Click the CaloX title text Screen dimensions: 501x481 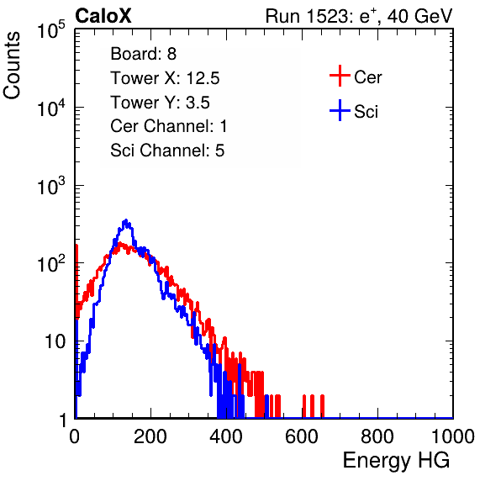(103, 15)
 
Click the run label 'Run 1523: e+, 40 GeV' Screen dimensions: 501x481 (359, 16)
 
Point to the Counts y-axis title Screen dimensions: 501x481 (12, 66)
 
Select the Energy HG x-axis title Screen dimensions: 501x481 (396, 460)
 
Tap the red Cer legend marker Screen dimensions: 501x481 (340, 76)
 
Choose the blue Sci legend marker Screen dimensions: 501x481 (340, 110)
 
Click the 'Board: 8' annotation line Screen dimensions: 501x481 (143, 54)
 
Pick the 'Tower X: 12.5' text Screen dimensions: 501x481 (165, 78)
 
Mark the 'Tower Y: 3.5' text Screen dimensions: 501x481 (160, 103)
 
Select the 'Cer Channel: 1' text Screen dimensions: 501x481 (168, 126)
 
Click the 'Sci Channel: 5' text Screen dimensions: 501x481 (167, 151)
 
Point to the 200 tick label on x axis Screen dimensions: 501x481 (150, 436)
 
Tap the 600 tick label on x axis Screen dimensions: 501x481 (302, 436)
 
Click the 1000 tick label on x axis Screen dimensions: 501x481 (453, 436)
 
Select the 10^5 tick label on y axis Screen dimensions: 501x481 (51, 30)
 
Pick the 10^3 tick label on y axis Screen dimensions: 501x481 (51, 186)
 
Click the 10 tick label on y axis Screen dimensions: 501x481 (55, 341)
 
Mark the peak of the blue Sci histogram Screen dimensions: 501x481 (126, 220)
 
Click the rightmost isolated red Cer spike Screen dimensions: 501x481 (322, 406)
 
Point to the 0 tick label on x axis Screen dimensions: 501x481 (74, 436)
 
